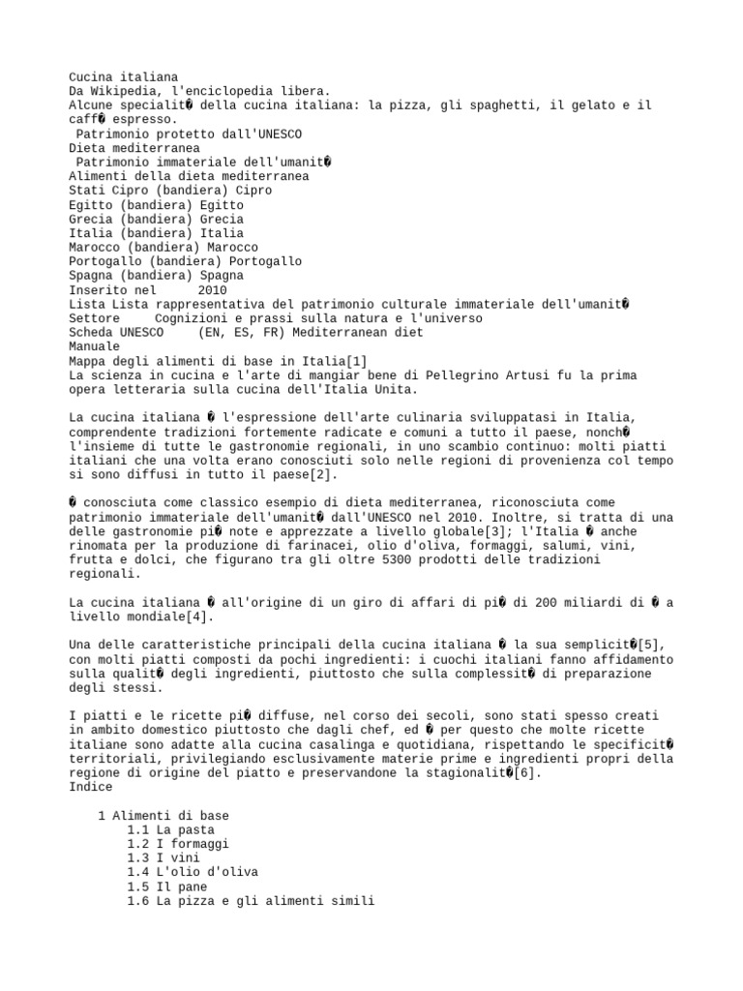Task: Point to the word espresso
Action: click(148, 119)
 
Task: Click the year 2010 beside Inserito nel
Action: click(212, 289)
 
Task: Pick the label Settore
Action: click(94, 318)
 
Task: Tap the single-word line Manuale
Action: click(94, 346)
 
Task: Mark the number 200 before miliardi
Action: click(492, 603)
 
